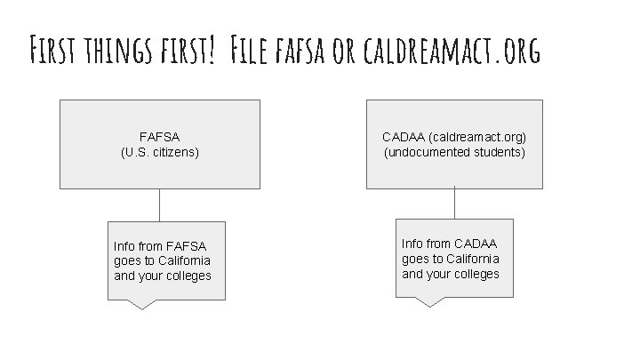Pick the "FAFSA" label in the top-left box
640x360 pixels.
[159, 138]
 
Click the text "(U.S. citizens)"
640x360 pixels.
[159, 152]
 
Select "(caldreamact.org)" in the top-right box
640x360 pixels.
[476, 138]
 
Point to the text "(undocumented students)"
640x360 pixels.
[454, 152]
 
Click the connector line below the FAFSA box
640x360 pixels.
[159, 204]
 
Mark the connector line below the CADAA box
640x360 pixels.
[453, 204]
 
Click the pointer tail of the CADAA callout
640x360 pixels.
[430, 301]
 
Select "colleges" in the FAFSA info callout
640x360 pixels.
[188, 275]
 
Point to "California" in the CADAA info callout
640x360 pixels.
[471, 259]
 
